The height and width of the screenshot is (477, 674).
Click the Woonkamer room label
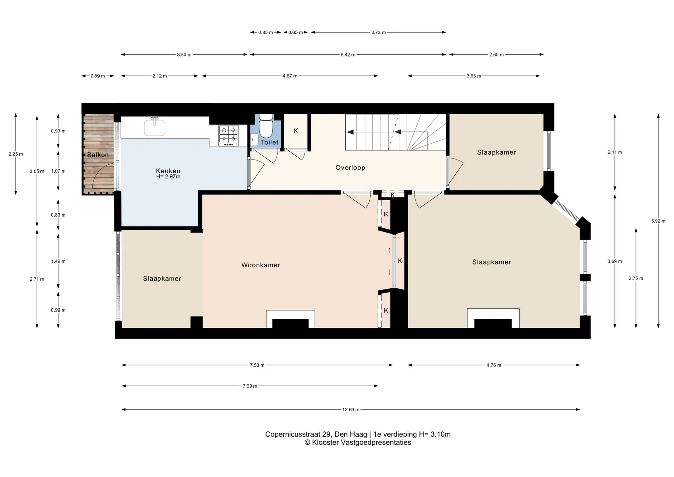(x=261, y=265)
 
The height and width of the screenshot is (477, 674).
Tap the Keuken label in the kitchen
(x=168, y=171)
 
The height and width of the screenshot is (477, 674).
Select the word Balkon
(x=98, y=155)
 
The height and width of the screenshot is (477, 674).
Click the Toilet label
(x=270, y=142)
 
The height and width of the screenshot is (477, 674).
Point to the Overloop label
(x=350, y=168)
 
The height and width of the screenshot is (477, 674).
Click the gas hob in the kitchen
(x=229, y=136)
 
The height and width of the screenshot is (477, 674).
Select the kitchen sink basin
(x=154, y=128)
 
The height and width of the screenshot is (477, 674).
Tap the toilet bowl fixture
(x=266, y=128)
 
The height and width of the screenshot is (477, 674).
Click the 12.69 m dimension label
(x=351, y=410)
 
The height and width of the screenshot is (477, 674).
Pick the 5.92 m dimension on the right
(x=658, y=221)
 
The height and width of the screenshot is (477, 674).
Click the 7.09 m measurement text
(x=250, y=386)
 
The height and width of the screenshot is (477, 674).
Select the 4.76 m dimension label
(x=494, y=365)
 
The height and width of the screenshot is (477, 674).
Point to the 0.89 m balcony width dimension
(x=98, y=76)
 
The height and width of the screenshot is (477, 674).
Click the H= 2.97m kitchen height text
(x=168, y=177)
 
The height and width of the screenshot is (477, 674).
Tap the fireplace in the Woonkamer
(x=290, y=319)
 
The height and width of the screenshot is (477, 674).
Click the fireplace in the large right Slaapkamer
(x=493, y=319)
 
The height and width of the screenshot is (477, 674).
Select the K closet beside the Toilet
(x=296, y=131)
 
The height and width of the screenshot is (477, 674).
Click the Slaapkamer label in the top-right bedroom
(x=496, y=152)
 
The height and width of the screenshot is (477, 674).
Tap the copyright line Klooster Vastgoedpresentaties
(x=358, y=443)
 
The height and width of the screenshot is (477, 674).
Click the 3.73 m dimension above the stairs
(x=378, y=32)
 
